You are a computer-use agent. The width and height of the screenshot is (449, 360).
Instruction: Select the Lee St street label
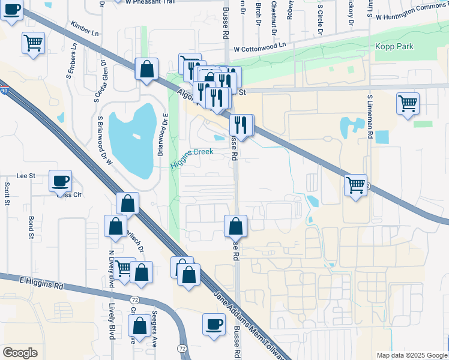(25, 176)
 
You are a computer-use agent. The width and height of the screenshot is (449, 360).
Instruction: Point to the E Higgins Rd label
(41, 283)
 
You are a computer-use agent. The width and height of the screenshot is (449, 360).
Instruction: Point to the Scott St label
(7, 195)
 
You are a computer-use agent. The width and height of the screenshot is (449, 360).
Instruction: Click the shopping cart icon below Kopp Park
(408, 103)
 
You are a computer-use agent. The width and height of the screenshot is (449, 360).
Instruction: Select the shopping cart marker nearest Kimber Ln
(33, 43)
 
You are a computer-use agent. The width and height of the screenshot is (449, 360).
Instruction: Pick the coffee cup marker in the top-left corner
(11, 10)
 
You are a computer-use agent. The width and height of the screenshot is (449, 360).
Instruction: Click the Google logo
(20, 353)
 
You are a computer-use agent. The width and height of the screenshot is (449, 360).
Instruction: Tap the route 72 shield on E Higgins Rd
(134, 298)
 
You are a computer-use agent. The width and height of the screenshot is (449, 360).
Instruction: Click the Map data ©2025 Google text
(411, 355)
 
